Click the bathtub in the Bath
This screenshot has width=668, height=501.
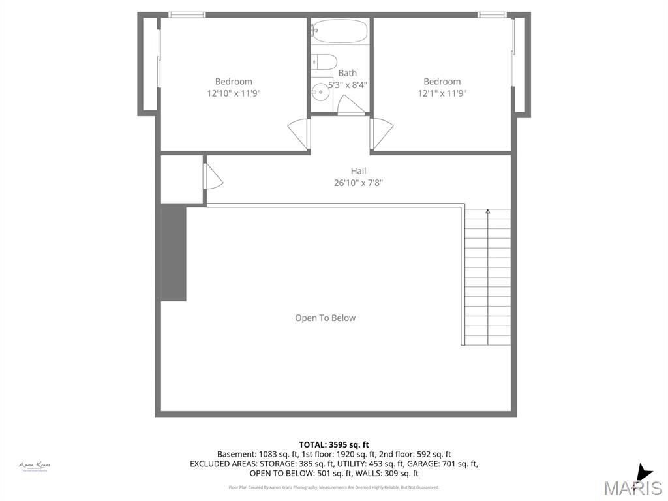tap(339, 31)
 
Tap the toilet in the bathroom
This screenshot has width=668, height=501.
tap(323, 62)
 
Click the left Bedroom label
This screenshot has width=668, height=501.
tap(234, 82)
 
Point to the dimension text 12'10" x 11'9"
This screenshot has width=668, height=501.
tap(234, 93)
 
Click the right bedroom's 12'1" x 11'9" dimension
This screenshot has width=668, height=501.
tap(442, 93)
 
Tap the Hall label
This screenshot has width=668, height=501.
tap(358, 171)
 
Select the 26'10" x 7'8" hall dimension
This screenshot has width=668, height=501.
tap(358, 183)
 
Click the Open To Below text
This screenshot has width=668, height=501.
tap(326, 318)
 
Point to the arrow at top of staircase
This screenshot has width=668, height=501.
tap(487, 211)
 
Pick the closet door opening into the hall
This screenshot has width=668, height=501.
tap(213, 176)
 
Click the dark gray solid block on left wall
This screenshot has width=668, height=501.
tap(174, 252)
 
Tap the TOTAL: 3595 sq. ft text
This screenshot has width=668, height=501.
tap(334, 444)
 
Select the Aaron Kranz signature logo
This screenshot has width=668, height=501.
tap(35, 466)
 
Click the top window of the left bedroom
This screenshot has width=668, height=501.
tap(187, 14)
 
